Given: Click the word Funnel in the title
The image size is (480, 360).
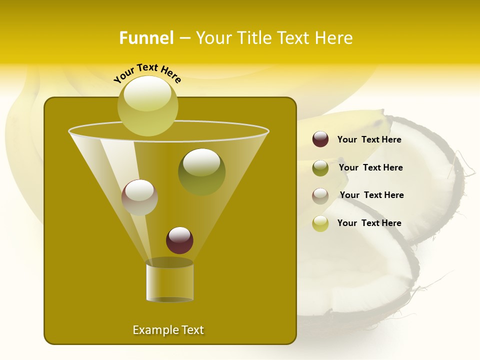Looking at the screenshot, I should click(x=146, y=38).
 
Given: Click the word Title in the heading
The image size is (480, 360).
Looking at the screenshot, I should click(x=252, y=38).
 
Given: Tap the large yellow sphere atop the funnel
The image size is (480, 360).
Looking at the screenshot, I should click(x=147, y=105).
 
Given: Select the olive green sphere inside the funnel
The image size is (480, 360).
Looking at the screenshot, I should click(x=201, y=171).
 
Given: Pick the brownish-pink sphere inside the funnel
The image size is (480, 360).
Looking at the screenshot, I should click(x=139, y=197).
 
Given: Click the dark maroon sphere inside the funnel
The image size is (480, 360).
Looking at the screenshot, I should click(x=179, y=240).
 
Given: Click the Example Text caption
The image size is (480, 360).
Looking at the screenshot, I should click(x=168, y=330).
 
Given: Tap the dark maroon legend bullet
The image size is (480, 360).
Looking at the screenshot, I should click(x=320, y=139).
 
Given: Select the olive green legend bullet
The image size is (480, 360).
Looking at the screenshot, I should click(x=320, y=167).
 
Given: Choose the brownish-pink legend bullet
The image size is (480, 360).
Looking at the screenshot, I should click(x=320, y=195).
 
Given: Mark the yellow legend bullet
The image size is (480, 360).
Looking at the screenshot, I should click(x=320, y=223).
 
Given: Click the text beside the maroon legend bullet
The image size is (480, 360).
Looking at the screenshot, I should click(x=369, y=139).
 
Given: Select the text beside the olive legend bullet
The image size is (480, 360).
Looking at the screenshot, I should click(x=370, y=167).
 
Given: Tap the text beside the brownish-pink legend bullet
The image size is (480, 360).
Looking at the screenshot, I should click(x=371, y=195).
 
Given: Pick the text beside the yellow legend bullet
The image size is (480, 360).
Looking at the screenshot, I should click(x=369, y=223).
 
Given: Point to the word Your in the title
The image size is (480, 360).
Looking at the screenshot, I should click(x=213, y=38).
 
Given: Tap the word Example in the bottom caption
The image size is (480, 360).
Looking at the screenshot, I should click(x=152, y=330).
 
